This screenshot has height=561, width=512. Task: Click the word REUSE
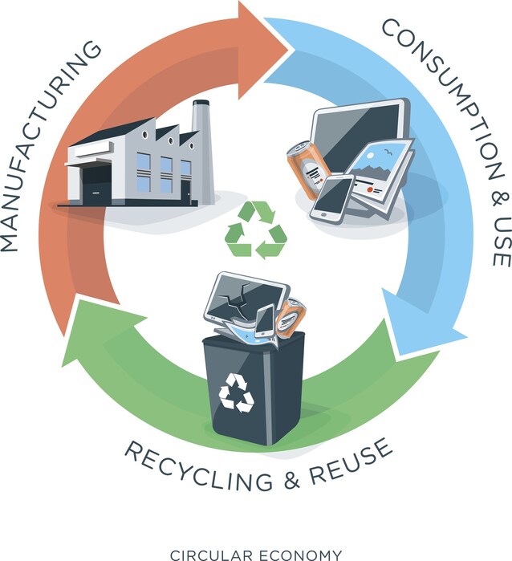(349, 461)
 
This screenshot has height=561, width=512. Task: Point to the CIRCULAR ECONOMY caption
(256, 555)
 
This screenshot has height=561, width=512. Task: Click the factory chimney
(202, 150)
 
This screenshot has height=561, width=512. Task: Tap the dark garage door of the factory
(95, 185)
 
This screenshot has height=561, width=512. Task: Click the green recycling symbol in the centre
(256, 230)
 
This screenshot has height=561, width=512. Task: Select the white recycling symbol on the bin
(237, 392)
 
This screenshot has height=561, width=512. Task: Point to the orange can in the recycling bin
(291, 319)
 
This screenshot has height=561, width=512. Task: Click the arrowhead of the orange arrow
(264, 50)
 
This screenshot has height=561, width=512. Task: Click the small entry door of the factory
(185, 193)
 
